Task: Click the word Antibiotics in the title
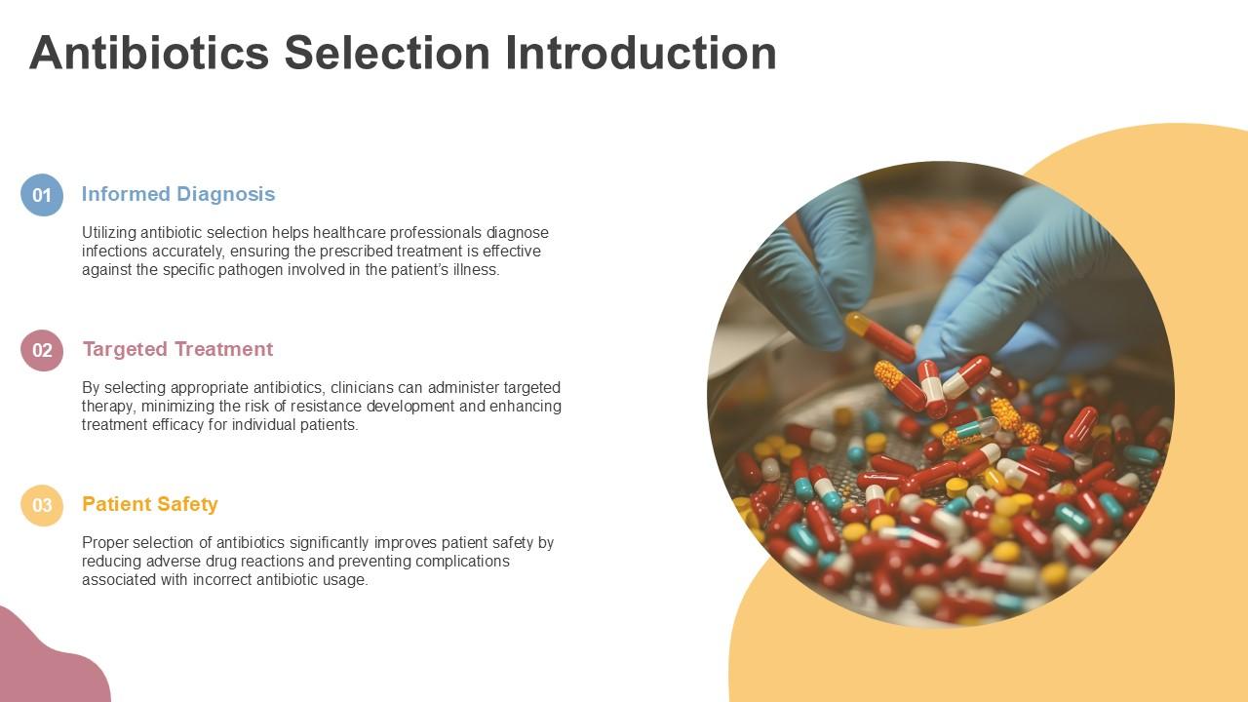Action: [149, 53]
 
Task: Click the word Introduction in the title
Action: [641, 53]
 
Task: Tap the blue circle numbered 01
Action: [42, 195]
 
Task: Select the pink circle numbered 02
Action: [42, 350]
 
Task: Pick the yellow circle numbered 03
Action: [42, 505]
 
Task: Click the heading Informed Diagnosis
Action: [178, 194]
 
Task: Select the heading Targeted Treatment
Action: [177, 349]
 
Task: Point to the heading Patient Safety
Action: [150, 504]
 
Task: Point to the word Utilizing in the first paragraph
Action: [109, 233]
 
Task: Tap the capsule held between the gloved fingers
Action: [880, 336]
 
